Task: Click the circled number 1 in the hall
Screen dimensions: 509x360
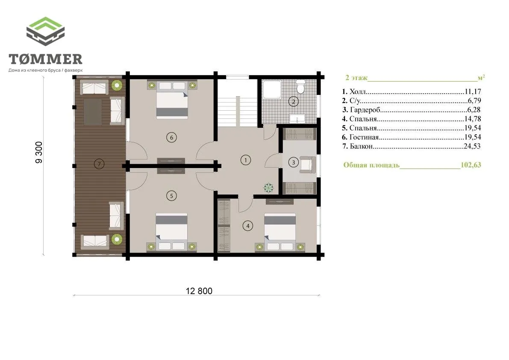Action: [x=246, y=160]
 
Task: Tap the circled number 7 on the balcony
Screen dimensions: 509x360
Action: [x=99, y=164]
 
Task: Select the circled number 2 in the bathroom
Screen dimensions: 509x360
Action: [x=294, y=101]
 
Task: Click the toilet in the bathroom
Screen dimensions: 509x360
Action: [x=300, y=87]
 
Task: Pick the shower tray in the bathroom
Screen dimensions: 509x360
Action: [x=272, y=89]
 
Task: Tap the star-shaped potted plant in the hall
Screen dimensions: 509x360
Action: [x=268, y=187]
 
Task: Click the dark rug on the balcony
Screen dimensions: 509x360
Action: [x=92, y=112]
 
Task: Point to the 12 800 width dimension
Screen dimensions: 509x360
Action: [x=199, y=291]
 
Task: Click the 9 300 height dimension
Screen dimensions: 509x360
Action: [x=38, y=152]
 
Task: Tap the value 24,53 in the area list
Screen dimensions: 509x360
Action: [x=472, y=146]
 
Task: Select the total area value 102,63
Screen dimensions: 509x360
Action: [x=471, y=165]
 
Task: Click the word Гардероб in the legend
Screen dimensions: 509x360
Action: [x=365, y=110]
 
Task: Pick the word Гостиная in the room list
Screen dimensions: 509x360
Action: [x=364, y=137]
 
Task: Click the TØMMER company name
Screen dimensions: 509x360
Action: [x=45, y=59]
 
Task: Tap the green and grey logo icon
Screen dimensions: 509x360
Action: [x=45, y=31]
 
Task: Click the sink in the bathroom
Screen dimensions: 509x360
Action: [x=297, y=118]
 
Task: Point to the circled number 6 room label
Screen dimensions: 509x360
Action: [x=172, y=137]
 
